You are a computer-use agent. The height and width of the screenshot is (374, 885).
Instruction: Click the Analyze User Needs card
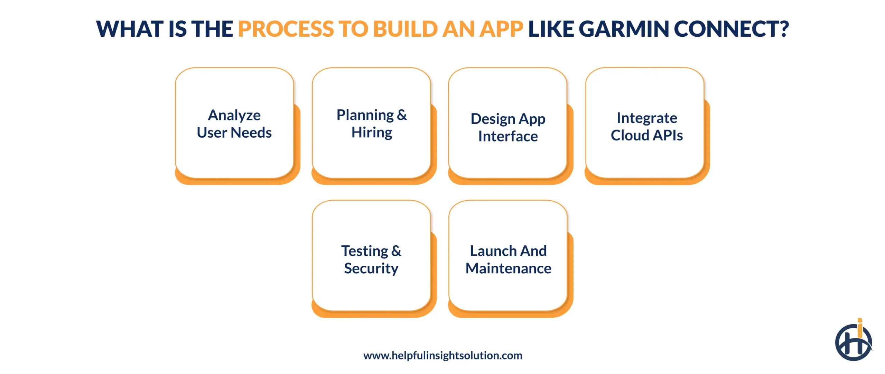click(x=234, y=123)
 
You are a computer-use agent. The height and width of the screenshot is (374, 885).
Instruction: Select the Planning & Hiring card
click(x=371, y=123)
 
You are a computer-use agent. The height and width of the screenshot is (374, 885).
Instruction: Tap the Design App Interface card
click(x=508, y=123)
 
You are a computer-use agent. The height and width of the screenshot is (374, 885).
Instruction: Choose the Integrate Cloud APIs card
click(x=645, y=123)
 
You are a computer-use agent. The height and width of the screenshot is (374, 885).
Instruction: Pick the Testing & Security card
click(x=371, y=256)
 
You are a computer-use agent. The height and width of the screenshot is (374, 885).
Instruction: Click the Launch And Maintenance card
click(x=508, y=256)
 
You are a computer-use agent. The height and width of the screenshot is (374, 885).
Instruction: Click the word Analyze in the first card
click(x=234, y=115)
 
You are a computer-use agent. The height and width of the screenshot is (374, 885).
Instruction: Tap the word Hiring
click(x=372, y=133)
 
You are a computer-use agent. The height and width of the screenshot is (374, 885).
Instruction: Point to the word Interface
click(x=508, y=136)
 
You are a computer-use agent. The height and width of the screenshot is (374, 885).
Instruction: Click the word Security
click(x=371, y=268)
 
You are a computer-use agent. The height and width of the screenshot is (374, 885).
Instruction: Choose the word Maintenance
click(x=508, y=268)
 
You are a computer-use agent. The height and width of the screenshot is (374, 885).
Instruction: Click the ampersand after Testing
click(x=396, y=251)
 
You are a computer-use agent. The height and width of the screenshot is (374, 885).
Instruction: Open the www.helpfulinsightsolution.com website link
click(x=442, y=355)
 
